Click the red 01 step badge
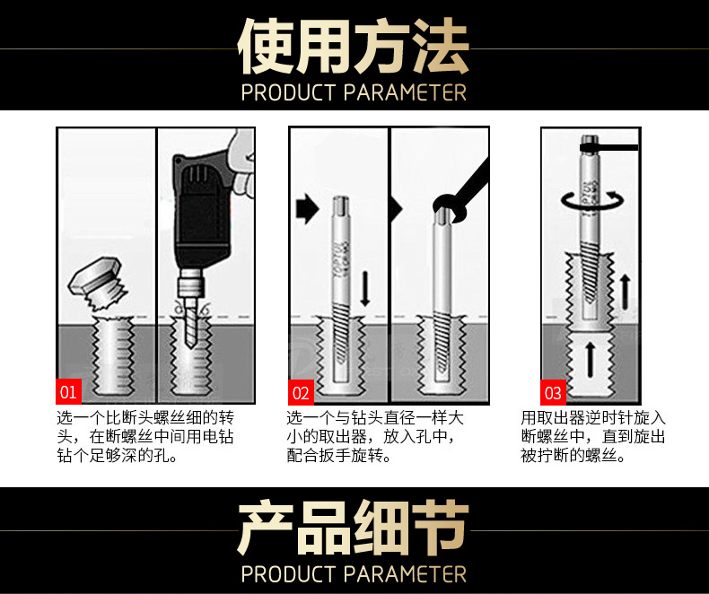coord(69,391)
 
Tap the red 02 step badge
coord(302,392)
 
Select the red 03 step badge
coord(553,392)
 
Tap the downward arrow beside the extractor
coord(365,289)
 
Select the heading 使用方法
coord(354,46)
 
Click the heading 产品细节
coord(354,528)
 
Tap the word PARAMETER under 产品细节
coord(405,574)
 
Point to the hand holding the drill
coord(242,162)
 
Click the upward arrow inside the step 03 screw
coord(590,360)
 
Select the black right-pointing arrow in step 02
coord(308,208)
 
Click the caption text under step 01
coord(145,436)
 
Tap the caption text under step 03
coord(593,436)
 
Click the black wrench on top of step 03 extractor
coord(609,147)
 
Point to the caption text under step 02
coord(375,436)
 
